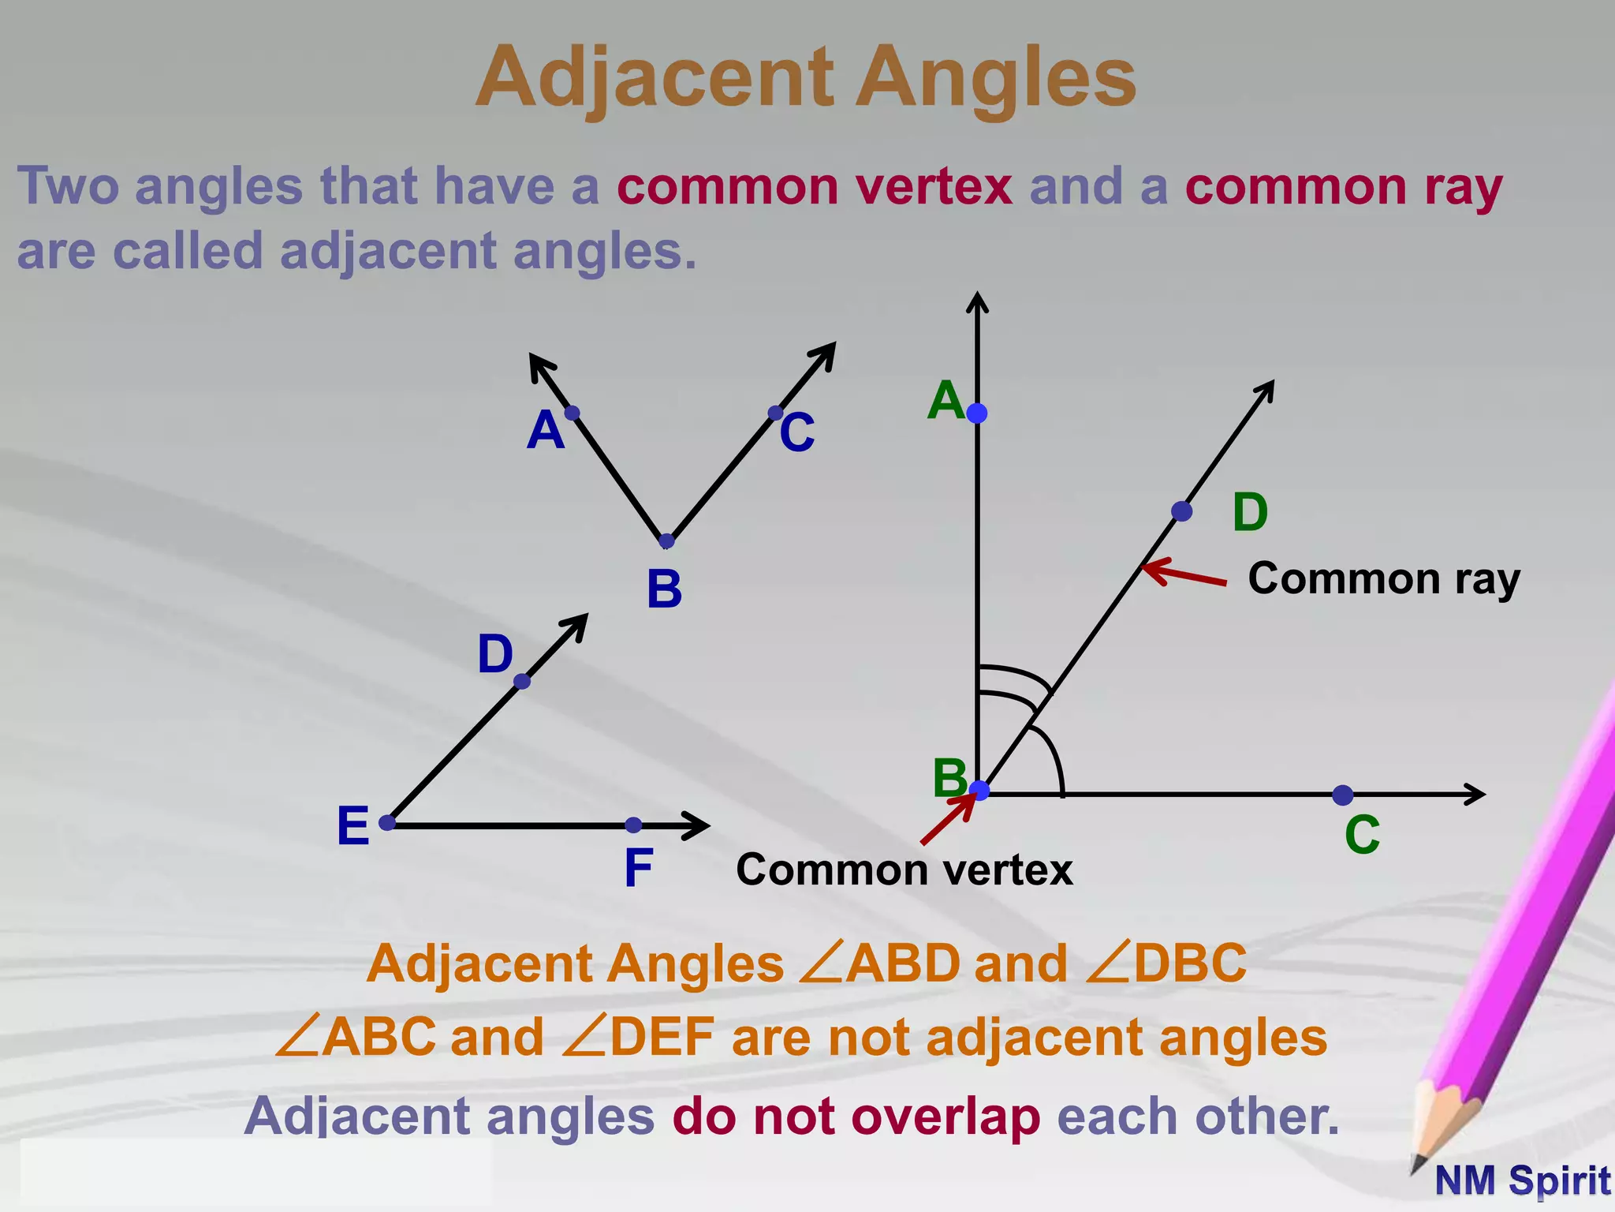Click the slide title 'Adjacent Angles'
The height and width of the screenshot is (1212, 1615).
click(806, 77)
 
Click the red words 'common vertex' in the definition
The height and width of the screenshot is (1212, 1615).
click(815, 187)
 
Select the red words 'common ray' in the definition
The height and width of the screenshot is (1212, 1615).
click(1344, 187)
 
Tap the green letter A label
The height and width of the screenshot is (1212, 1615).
click(945, 401)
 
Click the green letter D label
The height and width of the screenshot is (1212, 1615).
click(1250, 513)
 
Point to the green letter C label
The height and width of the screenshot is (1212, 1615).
click(1362, 835)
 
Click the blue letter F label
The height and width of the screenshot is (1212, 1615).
click(638, 868)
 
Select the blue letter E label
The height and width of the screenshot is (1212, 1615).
click(352, 827)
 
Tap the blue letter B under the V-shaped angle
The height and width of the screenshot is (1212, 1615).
click(664, 589)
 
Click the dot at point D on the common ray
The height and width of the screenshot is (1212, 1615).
click(1181, 511)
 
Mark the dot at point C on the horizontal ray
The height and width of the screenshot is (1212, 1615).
click(1342, 795)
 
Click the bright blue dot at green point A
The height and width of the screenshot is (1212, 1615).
click(977, 413)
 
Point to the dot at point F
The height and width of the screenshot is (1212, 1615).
click(633, 825)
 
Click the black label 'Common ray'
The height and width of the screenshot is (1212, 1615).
click(1383, 579)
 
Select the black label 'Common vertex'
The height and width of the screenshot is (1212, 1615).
click(904, 870)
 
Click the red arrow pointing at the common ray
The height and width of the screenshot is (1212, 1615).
click(1183, 574)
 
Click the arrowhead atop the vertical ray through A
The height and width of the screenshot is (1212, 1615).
click(977, 300)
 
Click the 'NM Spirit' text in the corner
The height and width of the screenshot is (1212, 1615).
click(1522, 1181)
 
